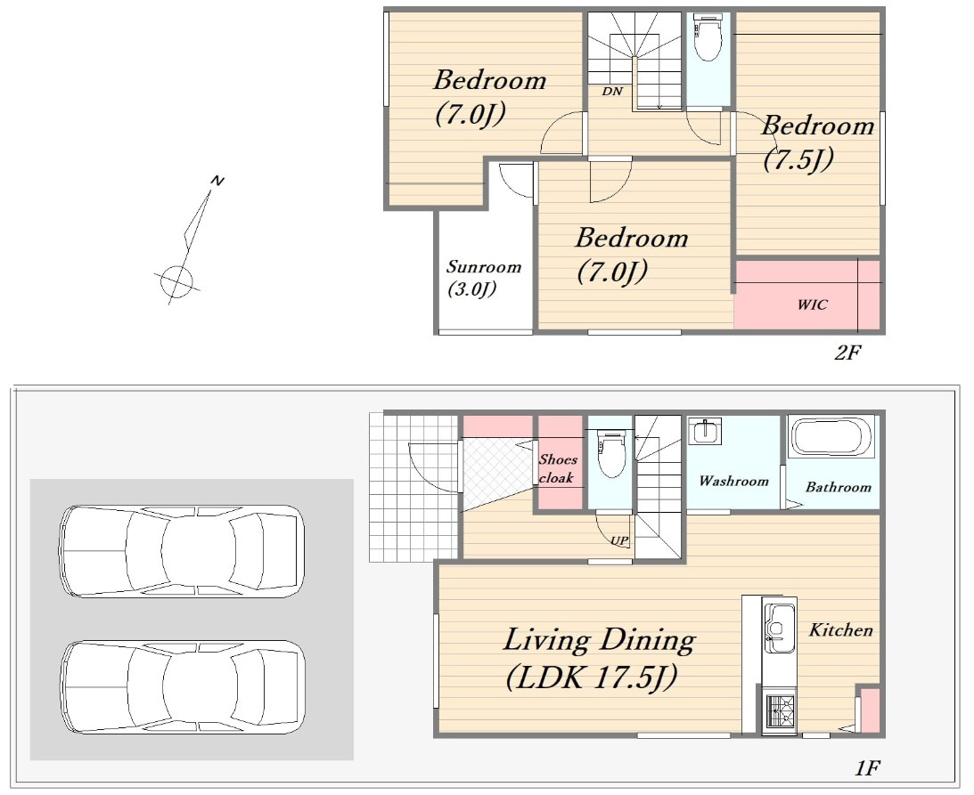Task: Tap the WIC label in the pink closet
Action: pyautogui.click(x=813, y=304)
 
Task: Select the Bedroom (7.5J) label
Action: pyautogui.click(x=818, y=142)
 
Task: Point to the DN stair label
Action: pyautogui.click(x=612, y=91)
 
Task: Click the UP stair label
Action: pyautogui.click(x=619, y=540)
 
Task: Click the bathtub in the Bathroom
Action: pyautogui.click(x=831, y=437)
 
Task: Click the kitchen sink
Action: pyautogui.click(x=779, y=628)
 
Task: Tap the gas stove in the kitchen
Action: pyautogui.click(x=781, y=711)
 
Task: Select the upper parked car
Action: pyautogui.click(x=182, y=551)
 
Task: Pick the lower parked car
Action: pyautogui.click(x=182, y=687)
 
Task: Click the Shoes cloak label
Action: pyautogui.click(x=558, y=468)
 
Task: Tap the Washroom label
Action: pyautogui.click(x=733, y=481)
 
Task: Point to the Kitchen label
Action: pyautogui.click(x=840, y=630)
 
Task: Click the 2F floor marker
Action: pyautogui.click(x=847, y=353)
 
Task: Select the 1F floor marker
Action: pyautogui.click(x=867, y=768)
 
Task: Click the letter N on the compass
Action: pyautogui.click(x=217, y=181)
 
